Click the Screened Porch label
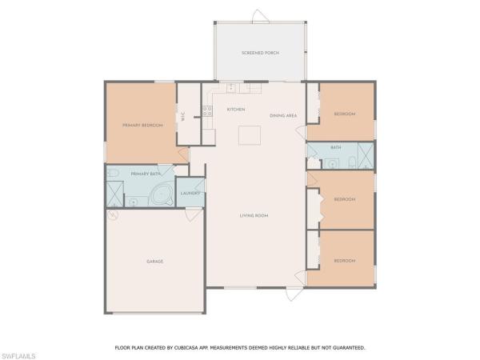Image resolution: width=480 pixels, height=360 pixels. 260,53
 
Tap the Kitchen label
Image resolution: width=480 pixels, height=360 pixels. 236,110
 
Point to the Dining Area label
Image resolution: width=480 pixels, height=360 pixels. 283,115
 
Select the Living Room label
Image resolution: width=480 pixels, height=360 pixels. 254,215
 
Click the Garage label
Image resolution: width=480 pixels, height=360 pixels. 155,262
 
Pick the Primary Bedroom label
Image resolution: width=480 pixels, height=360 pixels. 142,126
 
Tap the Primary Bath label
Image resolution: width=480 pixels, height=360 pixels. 146,174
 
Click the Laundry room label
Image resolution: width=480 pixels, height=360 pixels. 190,193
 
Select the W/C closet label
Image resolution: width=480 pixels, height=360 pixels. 183,116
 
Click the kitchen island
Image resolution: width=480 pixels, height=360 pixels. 250,135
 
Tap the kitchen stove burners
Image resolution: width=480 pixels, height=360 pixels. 207,111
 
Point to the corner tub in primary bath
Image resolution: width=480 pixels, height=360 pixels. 162,194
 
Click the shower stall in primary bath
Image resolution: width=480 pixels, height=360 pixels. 114,194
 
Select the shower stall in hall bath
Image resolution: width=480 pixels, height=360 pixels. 366,155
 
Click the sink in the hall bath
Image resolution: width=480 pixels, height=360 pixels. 332,164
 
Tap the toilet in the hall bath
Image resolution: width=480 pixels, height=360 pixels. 352,162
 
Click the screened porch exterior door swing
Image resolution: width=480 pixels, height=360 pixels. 261,16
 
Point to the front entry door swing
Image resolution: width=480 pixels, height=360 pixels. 294,294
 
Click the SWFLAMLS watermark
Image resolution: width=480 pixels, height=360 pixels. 18,356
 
